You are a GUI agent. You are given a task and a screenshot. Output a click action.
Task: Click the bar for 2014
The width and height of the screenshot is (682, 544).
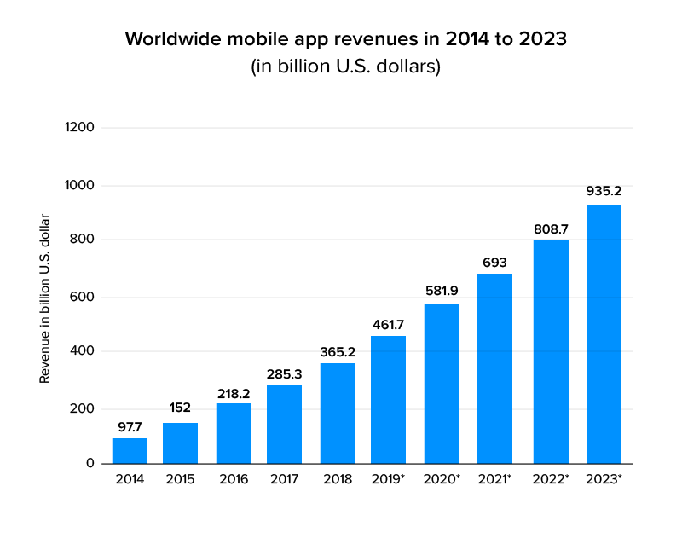click(x=130, y=451)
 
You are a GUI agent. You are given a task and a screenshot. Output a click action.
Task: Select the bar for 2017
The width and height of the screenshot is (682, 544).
click(x=284, y=424)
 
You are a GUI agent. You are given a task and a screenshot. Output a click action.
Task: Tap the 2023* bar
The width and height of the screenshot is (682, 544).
click(x=604, y=334)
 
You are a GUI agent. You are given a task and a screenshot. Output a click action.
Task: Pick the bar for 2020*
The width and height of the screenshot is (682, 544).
click(x=442, y=384)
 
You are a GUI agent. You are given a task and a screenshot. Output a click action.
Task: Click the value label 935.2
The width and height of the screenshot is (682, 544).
click(x=604, y=190)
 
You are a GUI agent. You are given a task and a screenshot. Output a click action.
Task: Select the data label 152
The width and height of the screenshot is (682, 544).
click(x=180, y=408)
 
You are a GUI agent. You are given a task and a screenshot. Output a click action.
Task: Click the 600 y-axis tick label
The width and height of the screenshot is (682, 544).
click(x=83, y=298)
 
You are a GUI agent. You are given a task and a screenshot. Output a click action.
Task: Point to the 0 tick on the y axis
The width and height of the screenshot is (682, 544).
click(x=90, y=463)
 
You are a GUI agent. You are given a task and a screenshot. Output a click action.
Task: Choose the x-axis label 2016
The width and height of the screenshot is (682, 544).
click(x=233, y=480)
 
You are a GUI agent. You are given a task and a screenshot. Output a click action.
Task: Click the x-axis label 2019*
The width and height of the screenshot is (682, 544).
click(x=389, y=480)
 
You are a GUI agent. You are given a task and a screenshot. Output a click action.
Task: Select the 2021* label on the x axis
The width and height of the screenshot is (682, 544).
click(x=494, y=480)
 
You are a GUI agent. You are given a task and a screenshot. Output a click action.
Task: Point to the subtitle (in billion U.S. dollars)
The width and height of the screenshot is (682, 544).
click(x=344, y=67)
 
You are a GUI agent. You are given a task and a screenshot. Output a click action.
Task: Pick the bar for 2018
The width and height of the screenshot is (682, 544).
click(x=338, y=414)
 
